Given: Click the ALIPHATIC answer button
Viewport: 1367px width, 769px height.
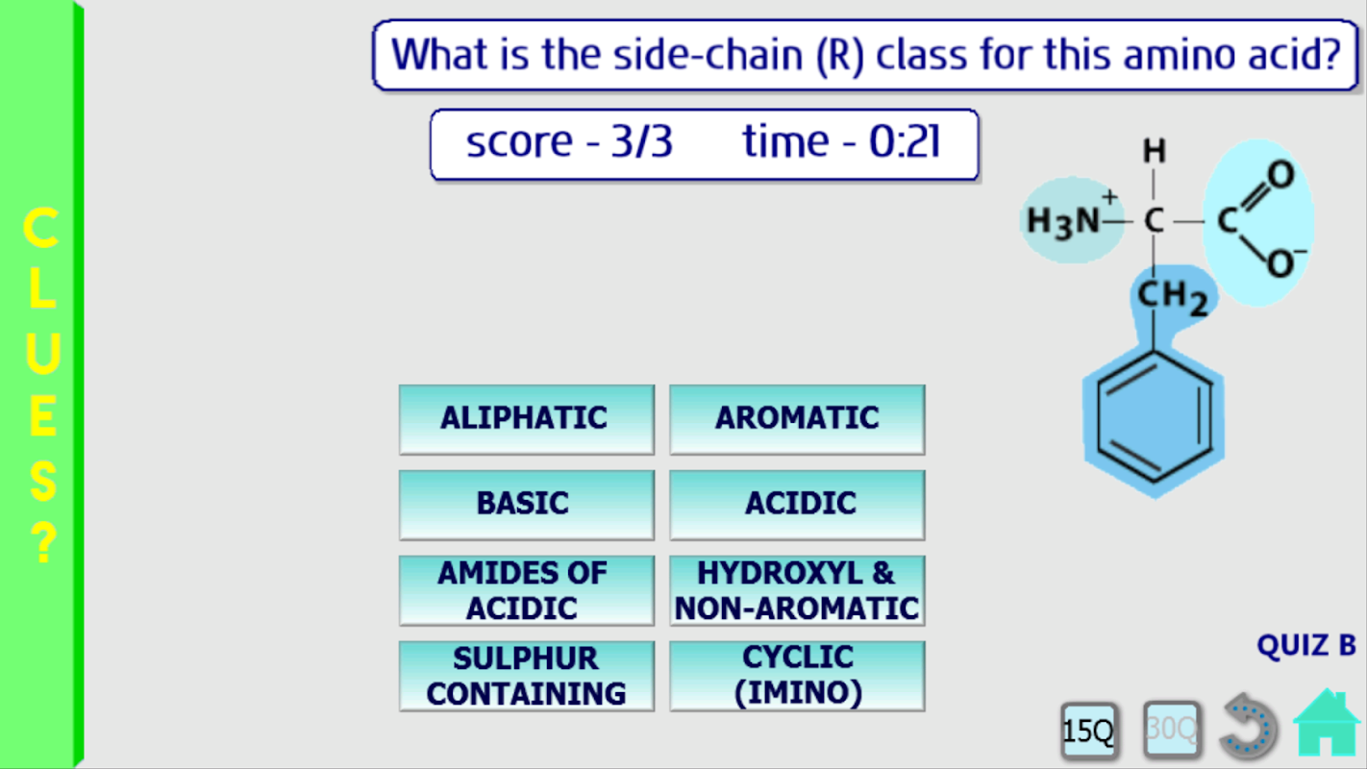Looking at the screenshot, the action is click(x=527, y=420).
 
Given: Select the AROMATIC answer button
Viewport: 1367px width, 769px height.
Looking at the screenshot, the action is click(x=797, y=420).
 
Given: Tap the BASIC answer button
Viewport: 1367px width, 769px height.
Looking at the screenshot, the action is click(x=527, y=505).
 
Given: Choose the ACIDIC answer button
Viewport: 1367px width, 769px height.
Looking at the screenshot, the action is click(x=797, y=505).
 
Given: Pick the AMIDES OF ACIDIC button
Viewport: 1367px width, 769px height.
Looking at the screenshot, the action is click(x=527, y=590).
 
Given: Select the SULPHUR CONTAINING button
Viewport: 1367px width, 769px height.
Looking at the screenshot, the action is click(x=527, y=676).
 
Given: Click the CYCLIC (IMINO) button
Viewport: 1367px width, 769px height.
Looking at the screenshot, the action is click(x=797, y=676).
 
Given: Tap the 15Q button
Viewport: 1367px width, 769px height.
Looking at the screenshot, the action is click(x=1089, y=731).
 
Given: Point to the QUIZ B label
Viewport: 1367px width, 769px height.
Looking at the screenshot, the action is click(x=1306, y=646).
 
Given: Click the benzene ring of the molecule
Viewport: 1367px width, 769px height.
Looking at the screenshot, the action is click(x=1154, y=417).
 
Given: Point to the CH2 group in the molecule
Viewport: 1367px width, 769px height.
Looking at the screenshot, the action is click(x=1172, y=298).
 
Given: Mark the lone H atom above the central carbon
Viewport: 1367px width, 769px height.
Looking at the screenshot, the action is click(x=1154, y=151).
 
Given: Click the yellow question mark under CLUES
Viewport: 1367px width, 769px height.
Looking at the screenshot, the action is click(x=42, y=542).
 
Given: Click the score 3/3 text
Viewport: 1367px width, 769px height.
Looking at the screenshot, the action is click(x=569, y=142).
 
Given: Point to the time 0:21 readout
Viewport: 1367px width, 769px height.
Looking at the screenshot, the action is click(x=841, y=141).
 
